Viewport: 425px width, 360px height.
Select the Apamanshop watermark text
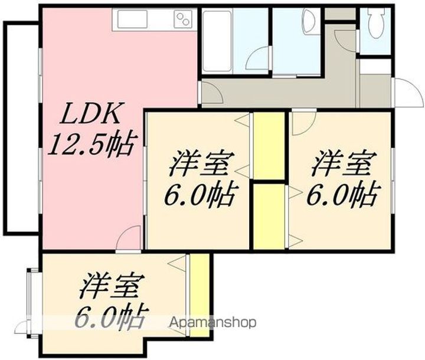[213, 323]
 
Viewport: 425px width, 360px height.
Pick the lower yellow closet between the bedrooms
[269, 217]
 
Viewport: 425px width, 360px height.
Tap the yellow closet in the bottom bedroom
[200, 295]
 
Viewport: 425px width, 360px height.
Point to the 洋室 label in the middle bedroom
[200, 163]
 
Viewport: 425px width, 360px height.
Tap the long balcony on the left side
[22, 127]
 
